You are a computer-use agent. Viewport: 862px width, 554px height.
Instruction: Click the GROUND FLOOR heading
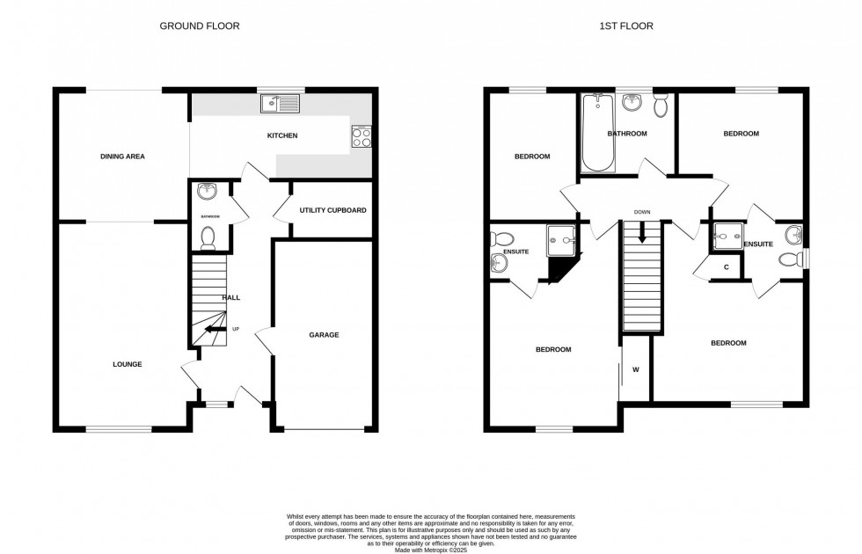tap(199, 26)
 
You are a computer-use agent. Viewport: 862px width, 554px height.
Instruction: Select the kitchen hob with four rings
tap(362, 135)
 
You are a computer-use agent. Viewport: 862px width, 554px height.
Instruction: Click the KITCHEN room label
tap(282, 136)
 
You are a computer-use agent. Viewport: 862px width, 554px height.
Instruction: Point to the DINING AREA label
tap(122, 157)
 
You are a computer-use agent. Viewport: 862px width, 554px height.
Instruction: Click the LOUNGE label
tap(127, 364)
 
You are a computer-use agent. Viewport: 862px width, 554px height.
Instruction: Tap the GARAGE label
tap(324, 335)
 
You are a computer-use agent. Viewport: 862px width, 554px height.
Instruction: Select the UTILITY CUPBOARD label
tap(332, 211)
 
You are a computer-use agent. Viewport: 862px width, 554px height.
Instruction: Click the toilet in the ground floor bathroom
tap(208, 237)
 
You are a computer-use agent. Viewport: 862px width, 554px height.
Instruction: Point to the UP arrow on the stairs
tap(212, 331)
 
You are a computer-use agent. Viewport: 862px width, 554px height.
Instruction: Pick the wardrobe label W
tap(635, 369)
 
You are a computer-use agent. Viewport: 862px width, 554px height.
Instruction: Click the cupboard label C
tap(727, 267)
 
